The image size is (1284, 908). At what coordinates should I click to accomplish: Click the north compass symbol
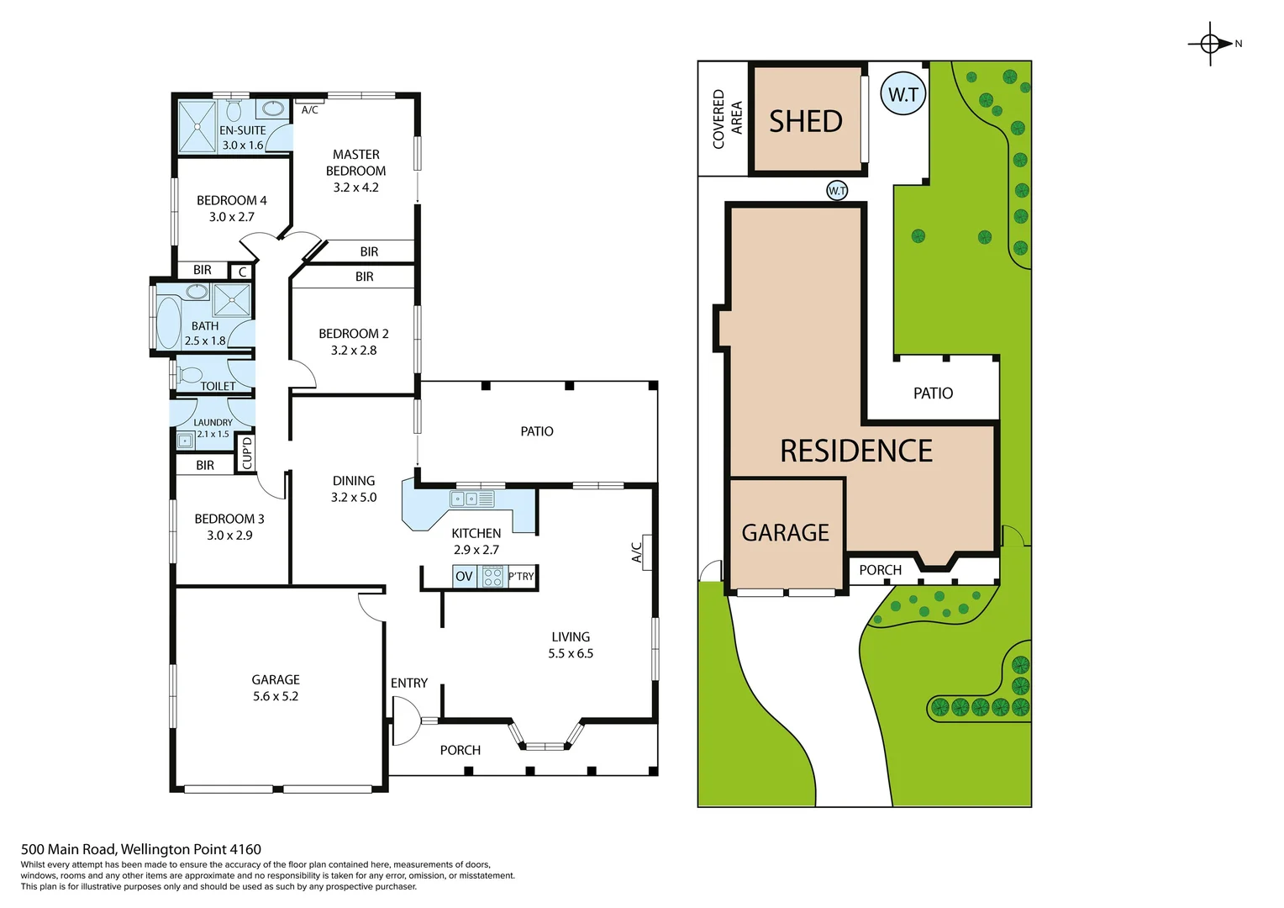[1210, 44]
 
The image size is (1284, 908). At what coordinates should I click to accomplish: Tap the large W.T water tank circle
[903, 94]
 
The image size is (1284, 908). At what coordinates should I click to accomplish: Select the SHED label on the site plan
[806, 122]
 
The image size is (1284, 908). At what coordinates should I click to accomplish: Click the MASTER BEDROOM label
[356, 162]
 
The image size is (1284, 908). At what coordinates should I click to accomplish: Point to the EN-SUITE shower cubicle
[197, 126]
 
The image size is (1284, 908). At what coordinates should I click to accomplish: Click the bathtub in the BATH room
[169, 322]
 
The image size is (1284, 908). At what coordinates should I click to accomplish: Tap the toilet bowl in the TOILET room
[190, 374]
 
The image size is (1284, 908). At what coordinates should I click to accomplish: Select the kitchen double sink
[464, 499]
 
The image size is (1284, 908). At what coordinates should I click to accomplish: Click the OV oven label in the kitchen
[464, 577]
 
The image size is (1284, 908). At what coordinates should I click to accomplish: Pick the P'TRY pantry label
[521, 577]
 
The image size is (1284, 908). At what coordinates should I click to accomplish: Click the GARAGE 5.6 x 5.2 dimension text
[276, 696]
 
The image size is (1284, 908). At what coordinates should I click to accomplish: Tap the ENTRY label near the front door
[409, 684]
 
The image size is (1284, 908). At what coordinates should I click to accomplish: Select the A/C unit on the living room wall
[645, 552]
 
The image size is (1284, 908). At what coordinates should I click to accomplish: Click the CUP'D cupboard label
[246, 453]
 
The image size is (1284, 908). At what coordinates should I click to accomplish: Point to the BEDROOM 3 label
[229, 520]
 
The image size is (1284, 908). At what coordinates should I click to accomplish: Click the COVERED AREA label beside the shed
[727, 119]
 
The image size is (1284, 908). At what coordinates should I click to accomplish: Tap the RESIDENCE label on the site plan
[856, 451]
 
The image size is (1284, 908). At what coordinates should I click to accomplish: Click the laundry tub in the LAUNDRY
[185, 440]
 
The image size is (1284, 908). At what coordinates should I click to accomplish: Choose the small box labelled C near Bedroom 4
[242, 272]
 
